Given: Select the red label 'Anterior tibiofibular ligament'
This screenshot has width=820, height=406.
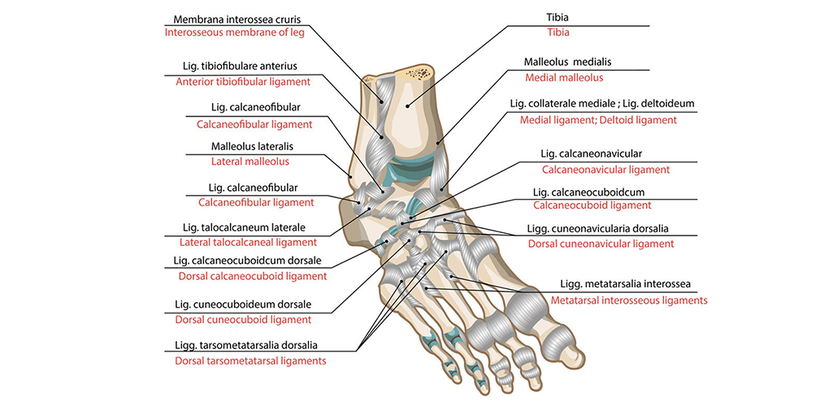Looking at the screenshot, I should (x=243, y=81).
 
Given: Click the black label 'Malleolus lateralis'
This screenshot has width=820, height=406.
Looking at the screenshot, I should (x=241, y=147).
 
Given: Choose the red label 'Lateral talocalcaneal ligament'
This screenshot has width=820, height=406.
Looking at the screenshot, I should (x=248, y=242).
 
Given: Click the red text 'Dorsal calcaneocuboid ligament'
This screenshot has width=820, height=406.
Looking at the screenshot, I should (x=252, y=276).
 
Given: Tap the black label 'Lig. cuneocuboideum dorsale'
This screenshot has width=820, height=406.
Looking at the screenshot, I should (x=243, y=305).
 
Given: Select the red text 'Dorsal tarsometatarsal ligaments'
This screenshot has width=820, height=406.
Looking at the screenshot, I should (x=250, y=361).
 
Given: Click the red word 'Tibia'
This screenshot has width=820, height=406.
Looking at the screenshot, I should (x=558, y=33).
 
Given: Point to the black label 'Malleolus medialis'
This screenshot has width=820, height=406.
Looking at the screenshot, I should (x=566, y=62).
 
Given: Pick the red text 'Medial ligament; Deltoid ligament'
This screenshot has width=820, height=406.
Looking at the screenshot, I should (x=598, y=119).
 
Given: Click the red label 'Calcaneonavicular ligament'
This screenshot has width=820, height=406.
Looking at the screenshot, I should (x=605, y=170).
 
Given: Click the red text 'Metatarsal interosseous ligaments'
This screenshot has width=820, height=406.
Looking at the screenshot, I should (x=628, y=300).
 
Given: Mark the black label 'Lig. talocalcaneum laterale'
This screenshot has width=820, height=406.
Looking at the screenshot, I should (x=245, y=227).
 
